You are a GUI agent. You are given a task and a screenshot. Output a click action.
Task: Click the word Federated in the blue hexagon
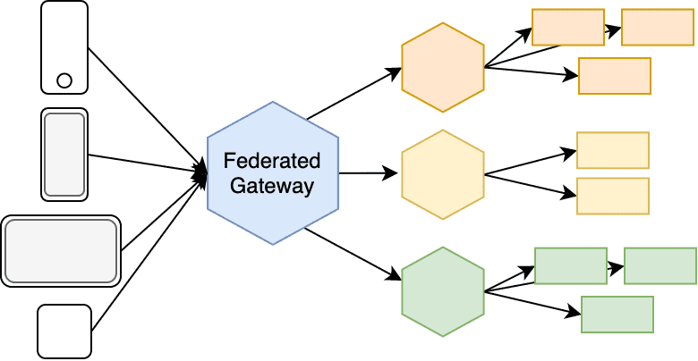[x=272, y=161]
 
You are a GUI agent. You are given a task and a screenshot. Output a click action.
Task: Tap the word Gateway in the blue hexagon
[x=272, y=186]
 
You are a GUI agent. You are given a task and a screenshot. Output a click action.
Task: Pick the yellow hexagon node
[x=443, y=174]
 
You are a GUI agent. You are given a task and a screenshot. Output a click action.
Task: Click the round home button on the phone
[x=64, y=80]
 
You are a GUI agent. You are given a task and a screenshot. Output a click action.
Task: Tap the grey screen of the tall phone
[x=64, y=154]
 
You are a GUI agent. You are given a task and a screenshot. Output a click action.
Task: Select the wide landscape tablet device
[x=61, y=250]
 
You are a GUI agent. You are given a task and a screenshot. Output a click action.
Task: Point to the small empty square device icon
[x=64, y=331]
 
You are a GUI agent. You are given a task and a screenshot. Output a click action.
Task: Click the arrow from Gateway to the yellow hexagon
[x=369, y=173]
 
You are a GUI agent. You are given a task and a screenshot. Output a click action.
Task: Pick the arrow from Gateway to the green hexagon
[x=353, y=254]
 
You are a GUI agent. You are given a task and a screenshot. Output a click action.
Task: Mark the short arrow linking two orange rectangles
[x=612, y=29]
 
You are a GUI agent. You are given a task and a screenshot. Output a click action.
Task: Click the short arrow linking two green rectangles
[x=615, y=266]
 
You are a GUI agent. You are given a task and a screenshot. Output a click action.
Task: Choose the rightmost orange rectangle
[x=658, y=27]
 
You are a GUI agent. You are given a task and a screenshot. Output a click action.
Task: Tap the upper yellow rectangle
[x=613, y=150]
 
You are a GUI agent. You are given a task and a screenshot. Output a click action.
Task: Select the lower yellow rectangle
[x=613, y=196]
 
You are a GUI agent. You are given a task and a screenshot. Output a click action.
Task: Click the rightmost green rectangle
[x=660, y=265]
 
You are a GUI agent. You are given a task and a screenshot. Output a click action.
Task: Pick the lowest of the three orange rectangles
[x=615, y=75]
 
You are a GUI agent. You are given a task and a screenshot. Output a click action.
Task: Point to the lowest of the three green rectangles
[x=617, y=314]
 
